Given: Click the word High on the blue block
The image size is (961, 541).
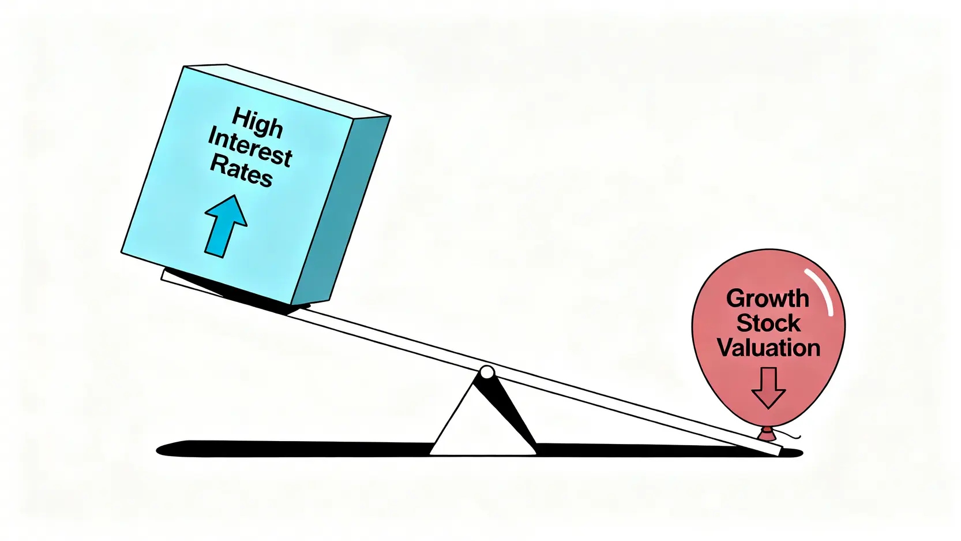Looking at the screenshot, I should (x=257, y=123).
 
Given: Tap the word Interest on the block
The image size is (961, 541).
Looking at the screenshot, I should (x=250, y=147).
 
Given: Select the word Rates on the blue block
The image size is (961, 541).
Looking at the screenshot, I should (x=241, y=171).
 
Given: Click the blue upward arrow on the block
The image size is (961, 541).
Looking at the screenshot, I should (x=225, y=226).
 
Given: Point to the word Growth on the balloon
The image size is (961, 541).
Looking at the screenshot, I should (x=767, y=299).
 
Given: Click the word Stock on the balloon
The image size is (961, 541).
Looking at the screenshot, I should (x=768, y=323).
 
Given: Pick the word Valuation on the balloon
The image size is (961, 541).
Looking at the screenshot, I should (x=768, y=348).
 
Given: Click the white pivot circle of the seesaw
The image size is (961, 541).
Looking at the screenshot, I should (x=487, y=372).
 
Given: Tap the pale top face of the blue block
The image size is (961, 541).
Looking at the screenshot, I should (x=288, y=89).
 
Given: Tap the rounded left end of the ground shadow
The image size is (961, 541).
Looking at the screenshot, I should (x=164, y=450).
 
